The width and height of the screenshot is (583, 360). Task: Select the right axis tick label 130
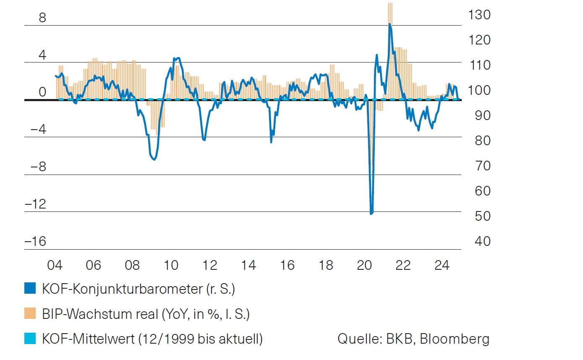[479, 15]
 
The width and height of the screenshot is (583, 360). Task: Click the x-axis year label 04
[55, 266]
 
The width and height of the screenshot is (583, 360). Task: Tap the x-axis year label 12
[210, 266]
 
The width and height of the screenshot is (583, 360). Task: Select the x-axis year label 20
[364, 266]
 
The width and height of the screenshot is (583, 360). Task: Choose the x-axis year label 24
[442, 266]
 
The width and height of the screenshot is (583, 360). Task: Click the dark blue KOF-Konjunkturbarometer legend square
[30, 289]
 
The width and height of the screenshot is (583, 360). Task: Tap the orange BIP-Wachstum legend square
[30, 313]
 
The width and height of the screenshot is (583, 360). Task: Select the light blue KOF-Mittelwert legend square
[30, 339]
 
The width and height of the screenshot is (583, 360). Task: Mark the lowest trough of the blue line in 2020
[371, 214]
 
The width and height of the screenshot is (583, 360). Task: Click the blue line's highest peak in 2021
[390, 24]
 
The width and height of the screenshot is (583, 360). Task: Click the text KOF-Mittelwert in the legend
[88, 339]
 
